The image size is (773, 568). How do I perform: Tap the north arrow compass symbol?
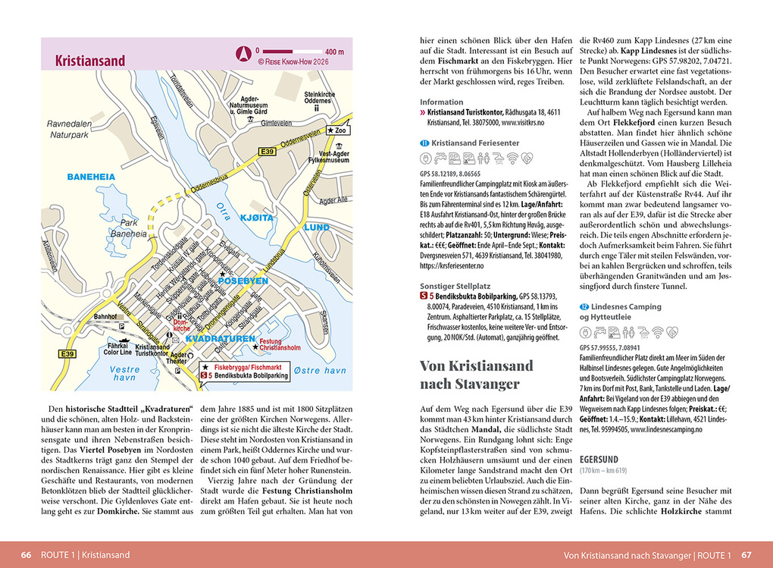(244, 52)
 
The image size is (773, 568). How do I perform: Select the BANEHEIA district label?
(91, 177)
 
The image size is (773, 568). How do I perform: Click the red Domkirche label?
(180, 327)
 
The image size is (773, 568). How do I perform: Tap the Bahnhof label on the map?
(105, 317)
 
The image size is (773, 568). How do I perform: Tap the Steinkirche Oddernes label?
(318, 98)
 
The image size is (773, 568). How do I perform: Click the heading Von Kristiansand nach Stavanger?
(476, 374)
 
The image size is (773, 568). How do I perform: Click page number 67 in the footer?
(746, 554)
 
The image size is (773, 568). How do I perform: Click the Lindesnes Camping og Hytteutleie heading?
(619, 312)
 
